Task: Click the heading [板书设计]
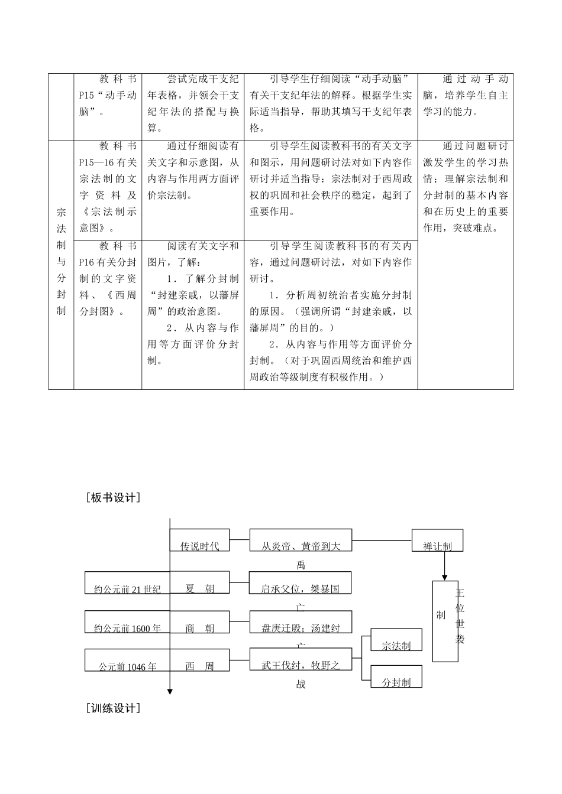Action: pos(113,498)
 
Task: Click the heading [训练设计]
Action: pos(113,708)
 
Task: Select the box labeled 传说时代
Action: pos(199,541)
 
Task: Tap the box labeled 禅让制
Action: pos(437,541)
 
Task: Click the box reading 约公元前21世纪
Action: pos(127,583)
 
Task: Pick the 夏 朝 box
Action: pos(199,583)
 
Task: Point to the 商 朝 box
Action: pos(199,622)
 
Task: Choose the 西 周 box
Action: pos(199,660)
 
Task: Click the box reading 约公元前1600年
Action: pos(127,622)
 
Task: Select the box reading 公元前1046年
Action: pos(127,660)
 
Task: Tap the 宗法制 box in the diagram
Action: pos(396,640)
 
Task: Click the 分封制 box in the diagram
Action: pos(396,676)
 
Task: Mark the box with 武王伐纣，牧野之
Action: pos(301,659)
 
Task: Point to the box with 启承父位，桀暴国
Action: pos(301,583)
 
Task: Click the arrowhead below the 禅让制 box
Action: pos(444,575)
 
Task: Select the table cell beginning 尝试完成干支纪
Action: pos(193,103)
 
